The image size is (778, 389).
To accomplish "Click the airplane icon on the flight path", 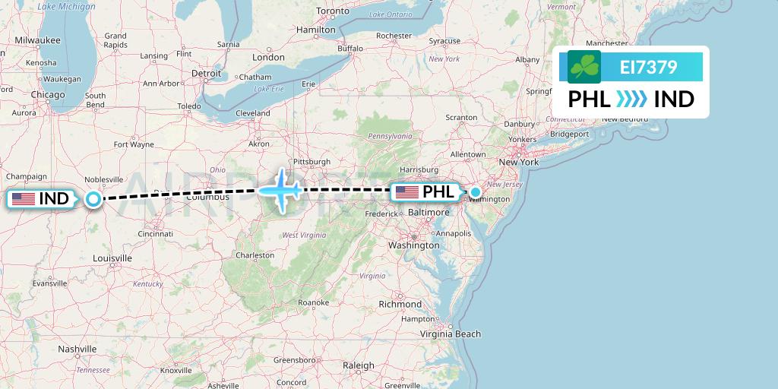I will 281,189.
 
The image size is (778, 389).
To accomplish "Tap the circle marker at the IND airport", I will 93,199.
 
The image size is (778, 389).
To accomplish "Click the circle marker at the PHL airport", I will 476,192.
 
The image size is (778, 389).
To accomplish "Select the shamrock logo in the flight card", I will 584,67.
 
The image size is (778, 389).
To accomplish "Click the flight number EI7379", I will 648,68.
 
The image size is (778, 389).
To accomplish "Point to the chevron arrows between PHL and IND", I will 632,99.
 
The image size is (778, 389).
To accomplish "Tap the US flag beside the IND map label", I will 24,199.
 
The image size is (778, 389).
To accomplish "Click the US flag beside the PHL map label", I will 407,192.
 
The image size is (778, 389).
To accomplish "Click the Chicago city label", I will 48,95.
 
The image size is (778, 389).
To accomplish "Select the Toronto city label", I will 332,11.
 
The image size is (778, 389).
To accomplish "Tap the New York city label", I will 518,162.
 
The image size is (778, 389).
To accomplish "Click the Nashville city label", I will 76,349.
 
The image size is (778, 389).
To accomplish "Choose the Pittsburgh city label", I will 312,162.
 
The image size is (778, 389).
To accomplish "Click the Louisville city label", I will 112,258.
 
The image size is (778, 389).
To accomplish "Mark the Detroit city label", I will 206,74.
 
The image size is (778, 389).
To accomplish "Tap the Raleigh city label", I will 359,365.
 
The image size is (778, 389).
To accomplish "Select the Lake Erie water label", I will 268,89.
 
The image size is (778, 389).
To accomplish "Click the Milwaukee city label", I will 37,40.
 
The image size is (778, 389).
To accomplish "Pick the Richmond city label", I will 400,304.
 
